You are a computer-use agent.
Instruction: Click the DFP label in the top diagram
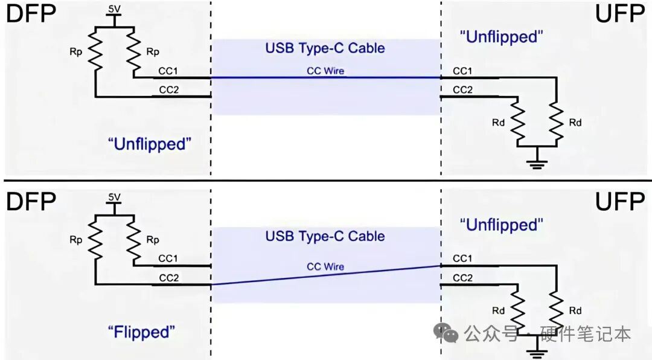point(31,14)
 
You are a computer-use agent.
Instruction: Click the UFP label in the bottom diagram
point(619,202)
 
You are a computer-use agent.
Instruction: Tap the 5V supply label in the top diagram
point(114,9)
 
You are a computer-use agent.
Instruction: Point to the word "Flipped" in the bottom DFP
point(141,332)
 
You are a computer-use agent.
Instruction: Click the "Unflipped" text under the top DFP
point(150,144)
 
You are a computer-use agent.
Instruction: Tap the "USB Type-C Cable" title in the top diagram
point(325,48)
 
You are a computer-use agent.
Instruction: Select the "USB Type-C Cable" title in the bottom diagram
point(325,236)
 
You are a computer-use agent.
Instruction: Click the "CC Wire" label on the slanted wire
point(325,266)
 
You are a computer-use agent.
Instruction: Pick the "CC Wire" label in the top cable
point(325,71)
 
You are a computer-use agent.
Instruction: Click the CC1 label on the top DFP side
point(168,71)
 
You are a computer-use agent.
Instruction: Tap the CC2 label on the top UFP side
point(463,90)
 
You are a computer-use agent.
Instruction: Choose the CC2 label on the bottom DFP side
point(169,278)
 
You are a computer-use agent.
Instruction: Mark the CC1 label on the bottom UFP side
point(462,259)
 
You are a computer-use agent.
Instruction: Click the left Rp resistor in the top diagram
point(95,51)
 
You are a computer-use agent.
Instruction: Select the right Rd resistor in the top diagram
point(557,123)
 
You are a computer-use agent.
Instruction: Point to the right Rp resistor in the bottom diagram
point(133,240)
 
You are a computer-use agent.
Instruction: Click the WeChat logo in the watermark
point(446,333)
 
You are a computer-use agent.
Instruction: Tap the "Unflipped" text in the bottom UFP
point(502,225)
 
